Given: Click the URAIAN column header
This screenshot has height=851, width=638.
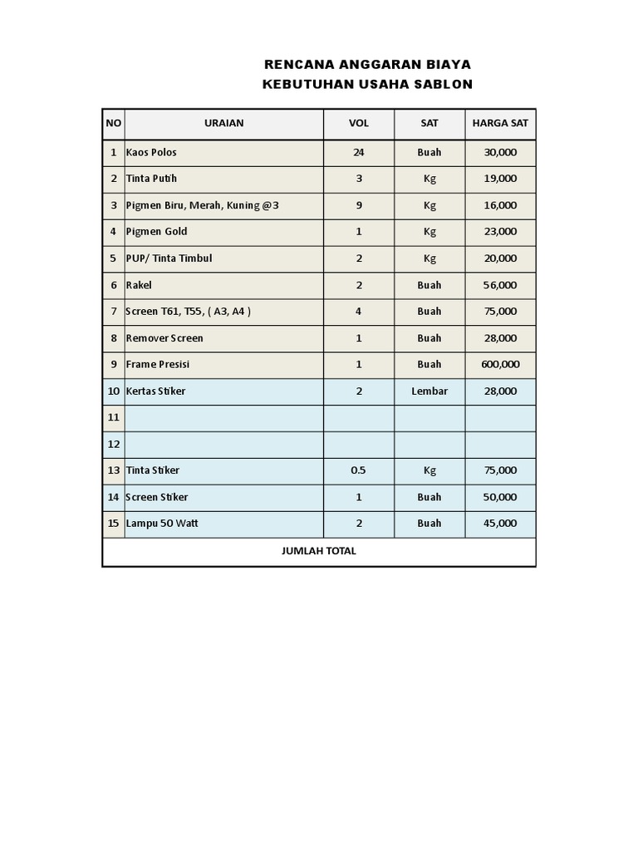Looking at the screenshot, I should (223, 123).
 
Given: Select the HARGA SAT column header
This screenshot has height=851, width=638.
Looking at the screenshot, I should (500, 123).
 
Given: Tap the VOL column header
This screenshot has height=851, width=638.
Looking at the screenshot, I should (359, 123).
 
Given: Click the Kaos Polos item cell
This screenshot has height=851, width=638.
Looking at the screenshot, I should (151, 152).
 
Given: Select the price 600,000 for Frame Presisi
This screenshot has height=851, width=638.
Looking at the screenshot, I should (500, 364).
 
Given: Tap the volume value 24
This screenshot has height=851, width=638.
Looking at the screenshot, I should (359, 152).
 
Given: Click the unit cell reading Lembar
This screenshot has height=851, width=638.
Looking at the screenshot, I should (429, 391).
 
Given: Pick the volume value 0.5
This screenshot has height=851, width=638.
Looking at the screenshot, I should (358, 470).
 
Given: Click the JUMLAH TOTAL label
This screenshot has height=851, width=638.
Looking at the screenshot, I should (319, 551).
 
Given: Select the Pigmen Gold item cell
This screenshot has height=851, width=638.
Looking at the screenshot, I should (157, 232).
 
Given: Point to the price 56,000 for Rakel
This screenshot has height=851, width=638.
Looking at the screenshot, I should (500, 285).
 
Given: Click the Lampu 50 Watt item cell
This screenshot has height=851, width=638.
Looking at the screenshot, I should (162, 524).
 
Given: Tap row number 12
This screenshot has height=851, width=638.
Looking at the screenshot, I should (114, 444).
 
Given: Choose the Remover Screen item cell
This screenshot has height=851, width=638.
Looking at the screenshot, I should (164, 338).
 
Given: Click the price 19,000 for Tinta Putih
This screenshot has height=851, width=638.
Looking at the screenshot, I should (500, 179).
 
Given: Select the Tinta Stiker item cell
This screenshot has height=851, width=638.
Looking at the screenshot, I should (153, 470).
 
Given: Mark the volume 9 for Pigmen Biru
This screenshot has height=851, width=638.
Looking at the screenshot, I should (359, 205).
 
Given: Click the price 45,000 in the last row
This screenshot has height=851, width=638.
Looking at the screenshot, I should (500, 524).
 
